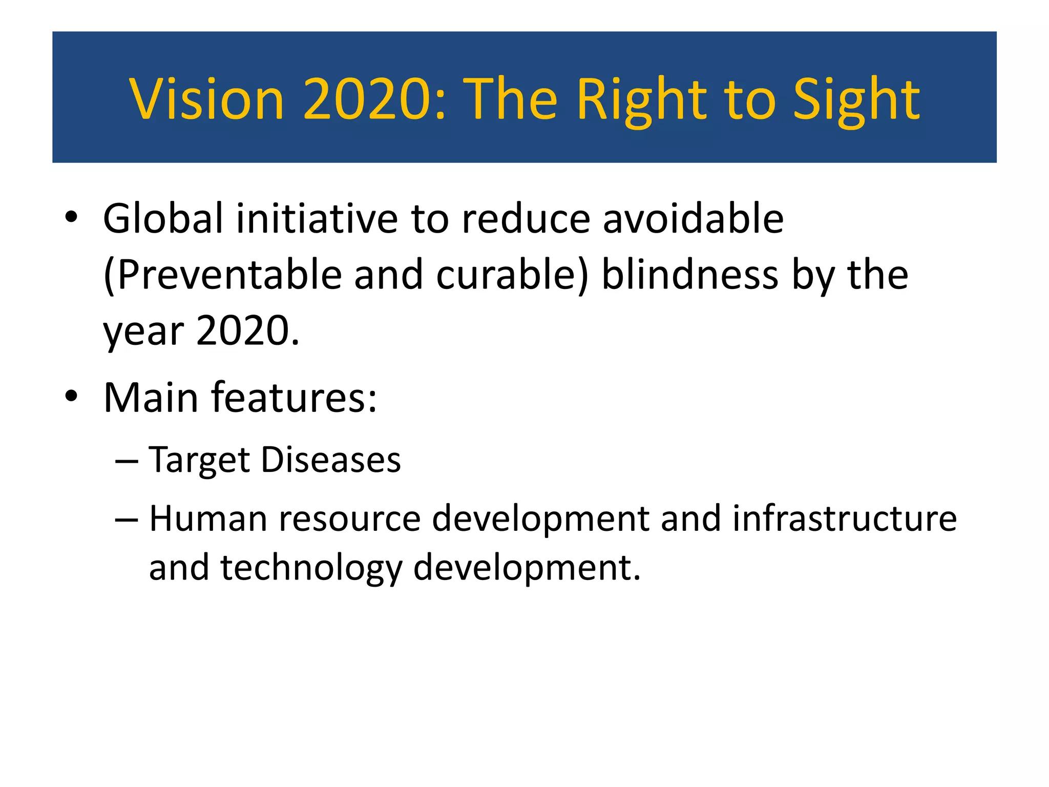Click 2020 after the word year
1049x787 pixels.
tap(247, 330)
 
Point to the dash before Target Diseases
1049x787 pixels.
tap(127, 461)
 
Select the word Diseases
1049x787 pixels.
tap(331, 460)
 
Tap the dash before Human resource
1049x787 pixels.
tap(127, 520)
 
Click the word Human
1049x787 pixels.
tap(208, 519)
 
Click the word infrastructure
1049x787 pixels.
tap(845, 519)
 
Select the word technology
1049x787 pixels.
tap(311, 568)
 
